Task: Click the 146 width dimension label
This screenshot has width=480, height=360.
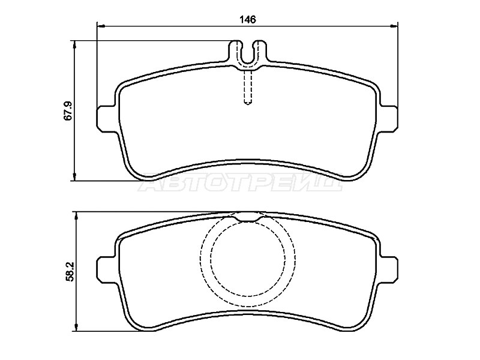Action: tap(248, 19)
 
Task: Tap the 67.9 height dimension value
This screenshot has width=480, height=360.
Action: tap(68, 110)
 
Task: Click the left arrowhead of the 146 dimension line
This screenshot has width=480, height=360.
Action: tap(101, 26)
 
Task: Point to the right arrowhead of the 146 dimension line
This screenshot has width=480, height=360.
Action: tap(394, 26)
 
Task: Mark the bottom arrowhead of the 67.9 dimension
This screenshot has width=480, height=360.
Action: tap(74, 176)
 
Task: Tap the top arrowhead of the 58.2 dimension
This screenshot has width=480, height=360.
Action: tap(76, 215)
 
